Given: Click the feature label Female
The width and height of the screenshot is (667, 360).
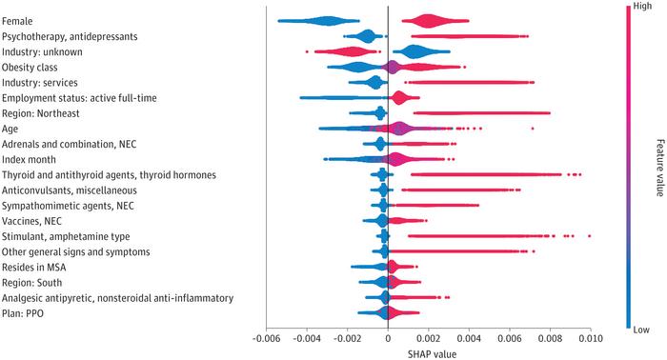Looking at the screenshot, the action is pos(17,21).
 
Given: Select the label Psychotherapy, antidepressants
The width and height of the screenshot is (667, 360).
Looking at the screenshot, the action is pos(70,36).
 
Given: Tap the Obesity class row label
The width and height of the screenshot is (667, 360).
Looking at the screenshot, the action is pos(30,68).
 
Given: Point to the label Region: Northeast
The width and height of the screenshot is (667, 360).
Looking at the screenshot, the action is pos(40,113).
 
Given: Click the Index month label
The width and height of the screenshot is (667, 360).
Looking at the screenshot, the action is pos(29,160).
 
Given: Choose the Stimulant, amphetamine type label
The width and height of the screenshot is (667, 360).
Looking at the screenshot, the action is pos(66,237).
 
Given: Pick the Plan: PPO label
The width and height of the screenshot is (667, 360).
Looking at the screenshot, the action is pos(23,313).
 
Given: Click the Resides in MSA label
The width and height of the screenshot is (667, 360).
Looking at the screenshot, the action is pos(34,268).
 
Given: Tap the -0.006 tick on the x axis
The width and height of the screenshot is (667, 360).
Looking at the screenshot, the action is pos(267,338).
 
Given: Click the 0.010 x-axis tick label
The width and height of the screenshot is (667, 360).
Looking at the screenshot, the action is pos(591,338).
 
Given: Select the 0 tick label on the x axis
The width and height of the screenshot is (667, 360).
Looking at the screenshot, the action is pos(388,338).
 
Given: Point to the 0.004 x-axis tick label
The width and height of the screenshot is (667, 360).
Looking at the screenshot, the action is pos(469,338).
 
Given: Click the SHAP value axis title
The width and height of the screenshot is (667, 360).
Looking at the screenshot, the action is pos(432,354).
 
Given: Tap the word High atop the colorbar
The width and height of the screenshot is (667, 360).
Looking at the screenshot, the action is pos(642,6).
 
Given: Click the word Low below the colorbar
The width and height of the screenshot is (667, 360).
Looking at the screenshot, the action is pos(641,330).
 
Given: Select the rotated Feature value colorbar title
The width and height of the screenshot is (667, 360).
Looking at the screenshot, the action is pos(659,168).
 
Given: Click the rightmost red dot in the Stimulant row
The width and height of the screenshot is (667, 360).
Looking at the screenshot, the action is pos(589,236).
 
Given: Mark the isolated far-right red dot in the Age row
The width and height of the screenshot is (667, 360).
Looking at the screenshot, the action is pos(532,129).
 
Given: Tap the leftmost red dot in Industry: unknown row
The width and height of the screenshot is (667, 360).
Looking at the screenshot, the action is pos(307,51).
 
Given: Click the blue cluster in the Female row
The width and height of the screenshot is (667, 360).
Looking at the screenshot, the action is pos(319,21).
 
